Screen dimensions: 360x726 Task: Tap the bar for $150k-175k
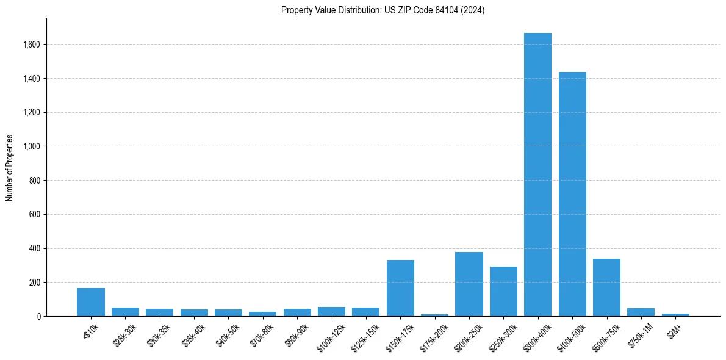tap(400, 288)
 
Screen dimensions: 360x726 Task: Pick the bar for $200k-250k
tap(469, 284)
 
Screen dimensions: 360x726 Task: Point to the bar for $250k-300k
tap(503, 292)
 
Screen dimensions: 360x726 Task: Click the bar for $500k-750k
tap(606, 287)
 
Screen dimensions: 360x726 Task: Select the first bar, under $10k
tap(91, 302)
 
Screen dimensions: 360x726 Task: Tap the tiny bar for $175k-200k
tap(434, 315)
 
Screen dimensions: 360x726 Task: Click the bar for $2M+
tap(675, 315)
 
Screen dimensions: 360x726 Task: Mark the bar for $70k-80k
tap(262, 314)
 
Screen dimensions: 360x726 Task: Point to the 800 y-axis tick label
tap(35, 181)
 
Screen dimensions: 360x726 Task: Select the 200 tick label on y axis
tap(35, 283)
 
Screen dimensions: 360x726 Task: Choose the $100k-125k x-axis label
tap(330, 335)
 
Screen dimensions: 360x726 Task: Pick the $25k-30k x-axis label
tap(125, 334)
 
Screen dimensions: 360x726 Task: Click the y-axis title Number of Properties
tap(10, 167)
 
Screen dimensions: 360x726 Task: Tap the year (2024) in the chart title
tap(474, 10)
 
